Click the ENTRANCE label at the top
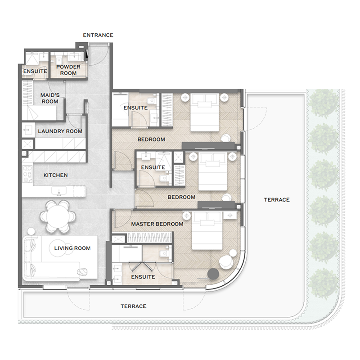[x=98, y=35]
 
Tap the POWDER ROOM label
[x=68, y=70]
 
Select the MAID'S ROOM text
[x=50, y=98]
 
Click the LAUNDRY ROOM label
[x=60, y=131]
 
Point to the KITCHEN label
[x=55, y=175]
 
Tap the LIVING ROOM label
[x=72, y=248]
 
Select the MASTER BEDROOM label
[x=157, y=224]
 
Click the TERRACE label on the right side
[x=277, y=199]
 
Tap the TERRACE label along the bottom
[x=133, y=306]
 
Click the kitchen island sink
[x=59, y=192]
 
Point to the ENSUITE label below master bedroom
[x=144, y=277]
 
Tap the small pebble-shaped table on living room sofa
[x=82, y=271]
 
